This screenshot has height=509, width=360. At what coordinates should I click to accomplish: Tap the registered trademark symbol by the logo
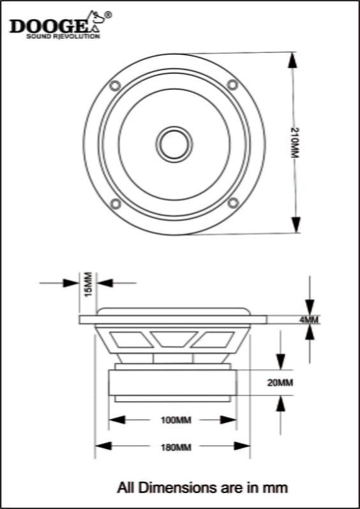click(x=107, y=14)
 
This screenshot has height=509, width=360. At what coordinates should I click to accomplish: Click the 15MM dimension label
click(x=88, y=283)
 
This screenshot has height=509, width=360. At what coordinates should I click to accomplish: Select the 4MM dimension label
click(x=309, y=320)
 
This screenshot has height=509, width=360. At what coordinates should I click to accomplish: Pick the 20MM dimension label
click(x=280, y=383)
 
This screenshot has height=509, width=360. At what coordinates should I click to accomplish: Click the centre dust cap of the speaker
click(x=173, y=143)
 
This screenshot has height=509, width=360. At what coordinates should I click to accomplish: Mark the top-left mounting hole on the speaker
click(x=115, y=85)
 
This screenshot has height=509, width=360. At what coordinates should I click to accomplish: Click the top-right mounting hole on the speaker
click(x=233, y=85)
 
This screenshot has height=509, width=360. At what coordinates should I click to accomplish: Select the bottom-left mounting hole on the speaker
click(x=115, y=203)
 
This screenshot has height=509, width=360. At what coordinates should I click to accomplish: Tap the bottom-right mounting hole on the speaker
click(x=233, y=203)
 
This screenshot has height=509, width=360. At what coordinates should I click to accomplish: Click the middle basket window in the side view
click(x=172, y=339)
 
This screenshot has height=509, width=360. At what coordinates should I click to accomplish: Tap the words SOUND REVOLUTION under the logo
click(x=63, y=37)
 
